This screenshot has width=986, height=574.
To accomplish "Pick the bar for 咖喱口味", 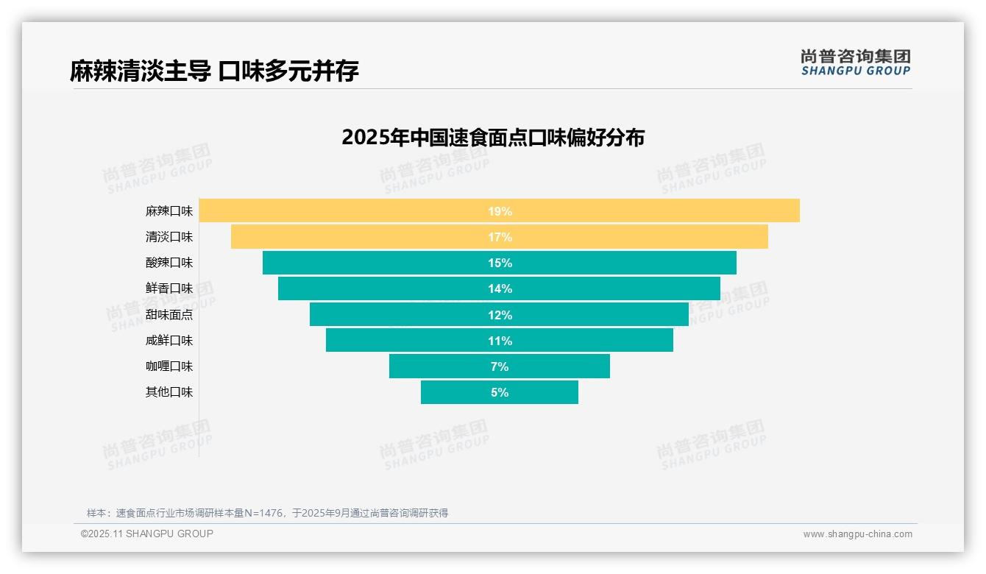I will point(441,366).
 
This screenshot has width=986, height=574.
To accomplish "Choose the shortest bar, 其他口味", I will point(456,392).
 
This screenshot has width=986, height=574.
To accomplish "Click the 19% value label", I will point(500,211).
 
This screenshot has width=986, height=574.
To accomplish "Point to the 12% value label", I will point(500,315).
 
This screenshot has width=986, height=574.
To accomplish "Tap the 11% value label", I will point(500,341).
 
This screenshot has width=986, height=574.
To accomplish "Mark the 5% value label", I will point(500,392).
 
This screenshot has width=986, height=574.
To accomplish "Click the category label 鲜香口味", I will point(169,288).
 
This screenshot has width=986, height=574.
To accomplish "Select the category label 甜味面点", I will point(169,315).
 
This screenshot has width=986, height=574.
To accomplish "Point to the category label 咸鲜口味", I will point(169,341).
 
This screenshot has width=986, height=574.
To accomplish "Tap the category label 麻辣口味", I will point(169,211).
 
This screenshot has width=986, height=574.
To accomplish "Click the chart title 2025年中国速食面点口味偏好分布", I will point(493,138).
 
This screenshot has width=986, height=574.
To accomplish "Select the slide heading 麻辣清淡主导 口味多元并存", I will point(214,71).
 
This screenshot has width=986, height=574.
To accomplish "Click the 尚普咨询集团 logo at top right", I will point(856,62).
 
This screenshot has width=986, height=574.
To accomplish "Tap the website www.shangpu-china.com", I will point(857,534).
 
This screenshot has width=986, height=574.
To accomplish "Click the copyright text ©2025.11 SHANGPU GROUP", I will point(147,534).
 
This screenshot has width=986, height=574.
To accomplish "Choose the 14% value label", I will point(500,288).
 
